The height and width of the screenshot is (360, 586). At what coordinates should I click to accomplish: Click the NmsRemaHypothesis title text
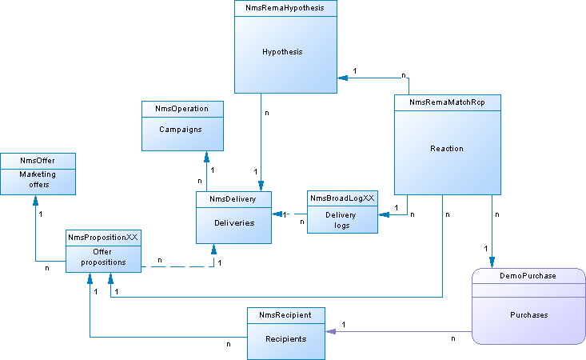pyautogui.click(x=285, y=7)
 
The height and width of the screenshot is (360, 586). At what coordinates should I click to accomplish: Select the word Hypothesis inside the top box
pyautogui.click(x=282, y=52)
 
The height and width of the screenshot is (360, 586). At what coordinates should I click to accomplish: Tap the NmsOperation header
pyautogui.click(x=182, y=109)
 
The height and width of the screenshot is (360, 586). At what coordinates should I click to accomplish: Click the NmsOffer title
pyautogui.click(x=38, y=161)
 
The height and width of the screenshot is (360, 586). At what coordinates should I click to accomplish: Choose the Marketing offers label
pyautogui.click(x=38, y=179)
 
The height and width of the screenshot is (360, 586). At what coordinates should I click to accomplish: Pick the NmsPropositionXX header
pyautogui.click(x=103, y=238)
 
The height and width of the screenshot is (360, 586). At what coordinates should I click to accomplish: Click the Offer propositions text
pyautogui.click(x=103, y=257)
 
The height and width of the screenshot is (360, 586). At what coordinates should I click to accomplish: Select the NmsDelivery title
pyautogui.click(x=234, y=198)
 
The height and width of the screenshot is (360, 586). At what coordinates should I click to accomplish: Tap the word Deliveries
pyautogui.click(x=234, y=222)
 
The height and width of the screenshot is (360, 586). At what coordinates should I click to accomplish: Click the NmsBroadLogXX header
pyautogui.click(x=342, y=198)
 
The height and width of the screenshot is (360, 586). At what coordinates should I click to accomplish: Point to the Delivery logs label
pyautogui.click(x=342, y=220)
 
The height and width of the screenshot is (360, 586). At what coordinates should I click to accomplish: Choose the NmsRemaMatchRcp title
pyautogui.click(x=447, y=102)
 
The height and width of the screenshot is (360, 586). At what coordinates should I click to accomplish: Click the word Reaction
pyautogui.click(x=447, y=149)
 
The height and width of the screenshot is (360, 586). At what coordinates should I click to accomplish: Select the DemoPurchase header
pyautogui.click(x=528, y=275)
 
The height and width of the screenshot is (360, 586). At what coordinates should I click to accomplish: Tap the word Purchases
pyautogui.click(x=528, y=315)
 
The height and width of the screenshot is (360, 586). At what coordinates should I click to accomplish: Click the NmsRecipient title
pyautogui.click(x=285, y=315)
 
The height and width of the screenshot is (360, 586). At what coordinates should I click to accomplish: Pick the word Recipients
pyautogui.click(x=285, y=339)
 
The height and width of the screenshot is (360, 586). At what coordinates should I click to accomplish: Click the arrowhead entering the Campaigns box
pyautogui.click(x=205, y=155)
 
